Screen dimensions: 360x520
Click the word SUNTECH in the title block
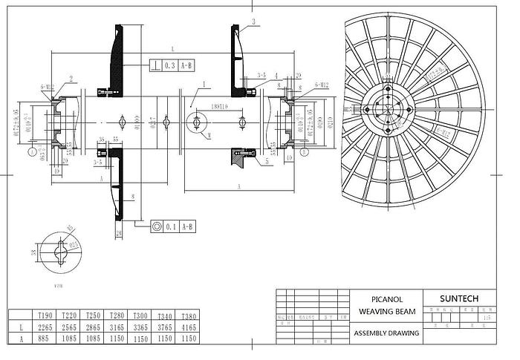[458, 299]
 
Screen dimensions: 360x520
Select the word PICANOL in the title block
[386, 299]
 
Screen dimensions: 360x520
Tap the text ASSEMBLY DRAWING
[386, 333]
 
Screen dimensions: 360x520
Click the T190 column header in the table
[45, 315]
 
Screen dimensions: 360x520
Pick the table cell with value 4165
[189, 327]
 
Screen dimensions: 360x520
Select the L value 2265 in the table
[45, 327]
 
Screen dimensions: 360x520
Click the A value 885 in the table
[45, 338]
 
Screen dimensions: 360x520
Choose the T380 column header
[189, 315]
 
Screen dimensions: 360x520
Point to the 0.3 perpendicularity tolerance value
[169, 66]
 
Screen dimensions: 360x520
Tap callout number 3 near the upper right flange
[253, 22]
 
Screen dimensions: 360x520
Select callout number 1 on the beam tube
[201, 85]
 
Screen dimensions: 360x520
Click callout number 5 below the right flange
[267, 160]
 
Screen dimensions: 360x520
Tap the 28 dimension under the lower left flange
[119, 235]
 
